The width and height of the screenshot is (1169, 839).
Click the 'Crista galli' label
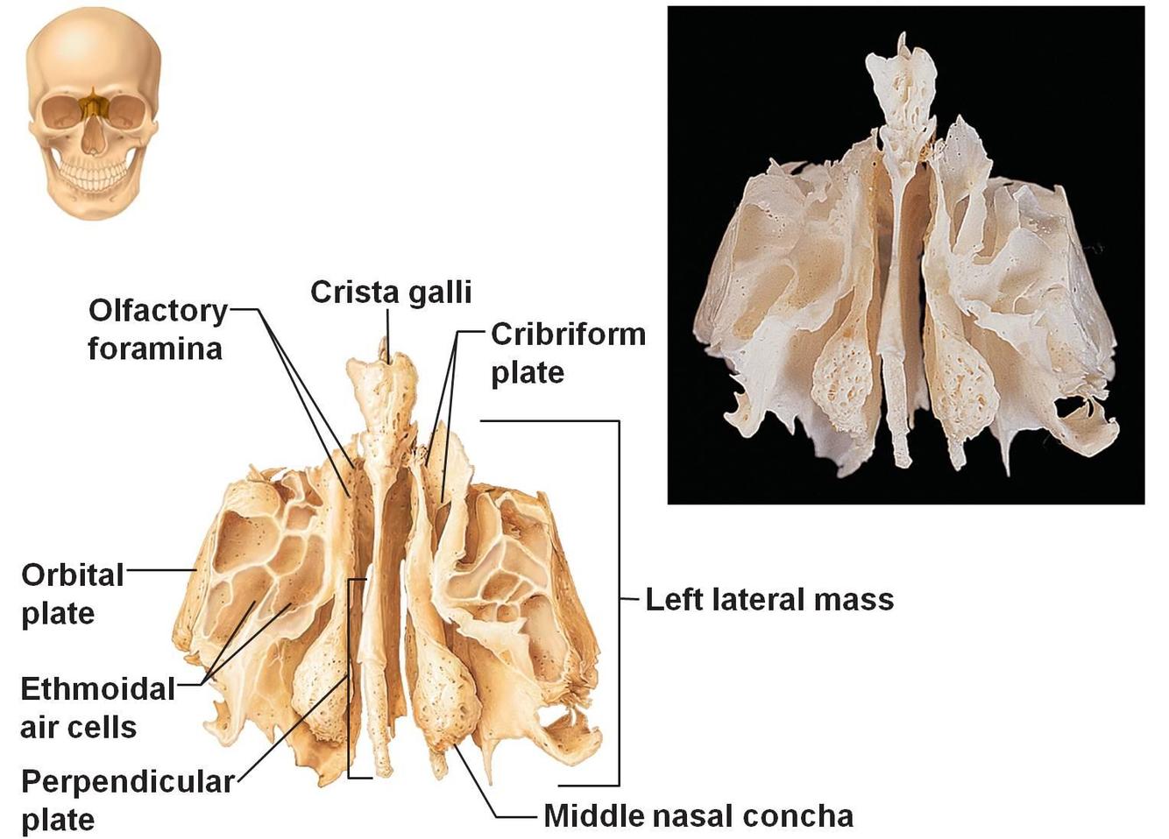(x=391, y=292)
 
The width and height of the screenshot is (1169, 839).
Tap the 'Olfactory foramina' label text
(x=156, y=329)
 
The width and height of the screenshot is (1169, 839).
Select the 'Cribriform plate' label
(x=567, y=352)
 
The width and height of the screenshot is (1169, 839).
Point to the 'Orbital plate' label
(x=72, y=594)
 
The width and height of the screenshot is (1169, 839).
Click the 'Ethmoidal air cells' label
(x=97, y=708)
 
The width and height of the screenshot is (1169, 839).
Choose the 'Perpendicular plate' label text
(x=127, y=800)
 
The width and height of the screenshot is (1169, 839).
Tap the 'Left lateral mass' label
(x=769, y=600)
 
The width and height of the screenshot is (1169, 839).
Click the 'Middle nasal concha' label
(x=698, y=816)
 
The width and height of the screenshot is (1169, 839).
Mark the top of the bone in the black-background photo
(x=901, y=39)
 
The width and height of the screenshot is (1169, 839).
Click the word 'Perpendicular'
(x=127, y=781)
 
